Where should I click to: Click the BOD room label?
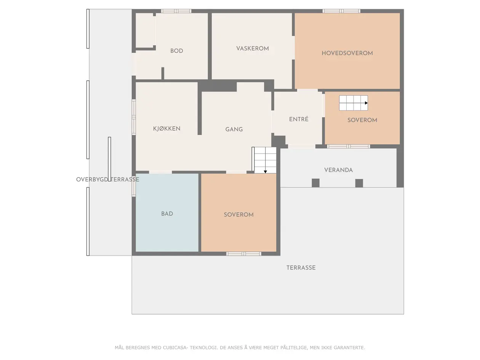176,51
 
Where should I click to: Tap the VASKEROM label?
252,48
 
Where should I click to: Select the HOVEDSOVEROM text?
347,53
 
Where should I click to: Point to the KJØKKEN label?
166,128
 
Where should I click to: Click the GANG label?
234,130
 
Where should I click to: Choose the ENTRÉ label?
299,119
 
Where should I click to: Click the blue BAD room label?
167,214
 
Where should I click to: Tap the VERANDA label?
338,170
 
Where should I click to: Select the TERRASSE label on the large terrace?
301,268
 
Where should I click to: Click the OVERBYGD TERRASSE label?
107,179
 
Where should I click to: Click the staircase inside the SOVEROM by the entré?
354,103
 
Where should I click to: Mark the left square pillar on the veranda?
315,183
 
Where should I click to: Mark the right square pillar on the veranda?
359,183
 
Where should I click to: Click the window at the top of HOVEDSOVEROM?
341,11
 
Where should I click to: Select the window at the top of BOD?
176,11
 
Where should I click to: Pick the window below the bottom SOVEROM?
243,254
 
